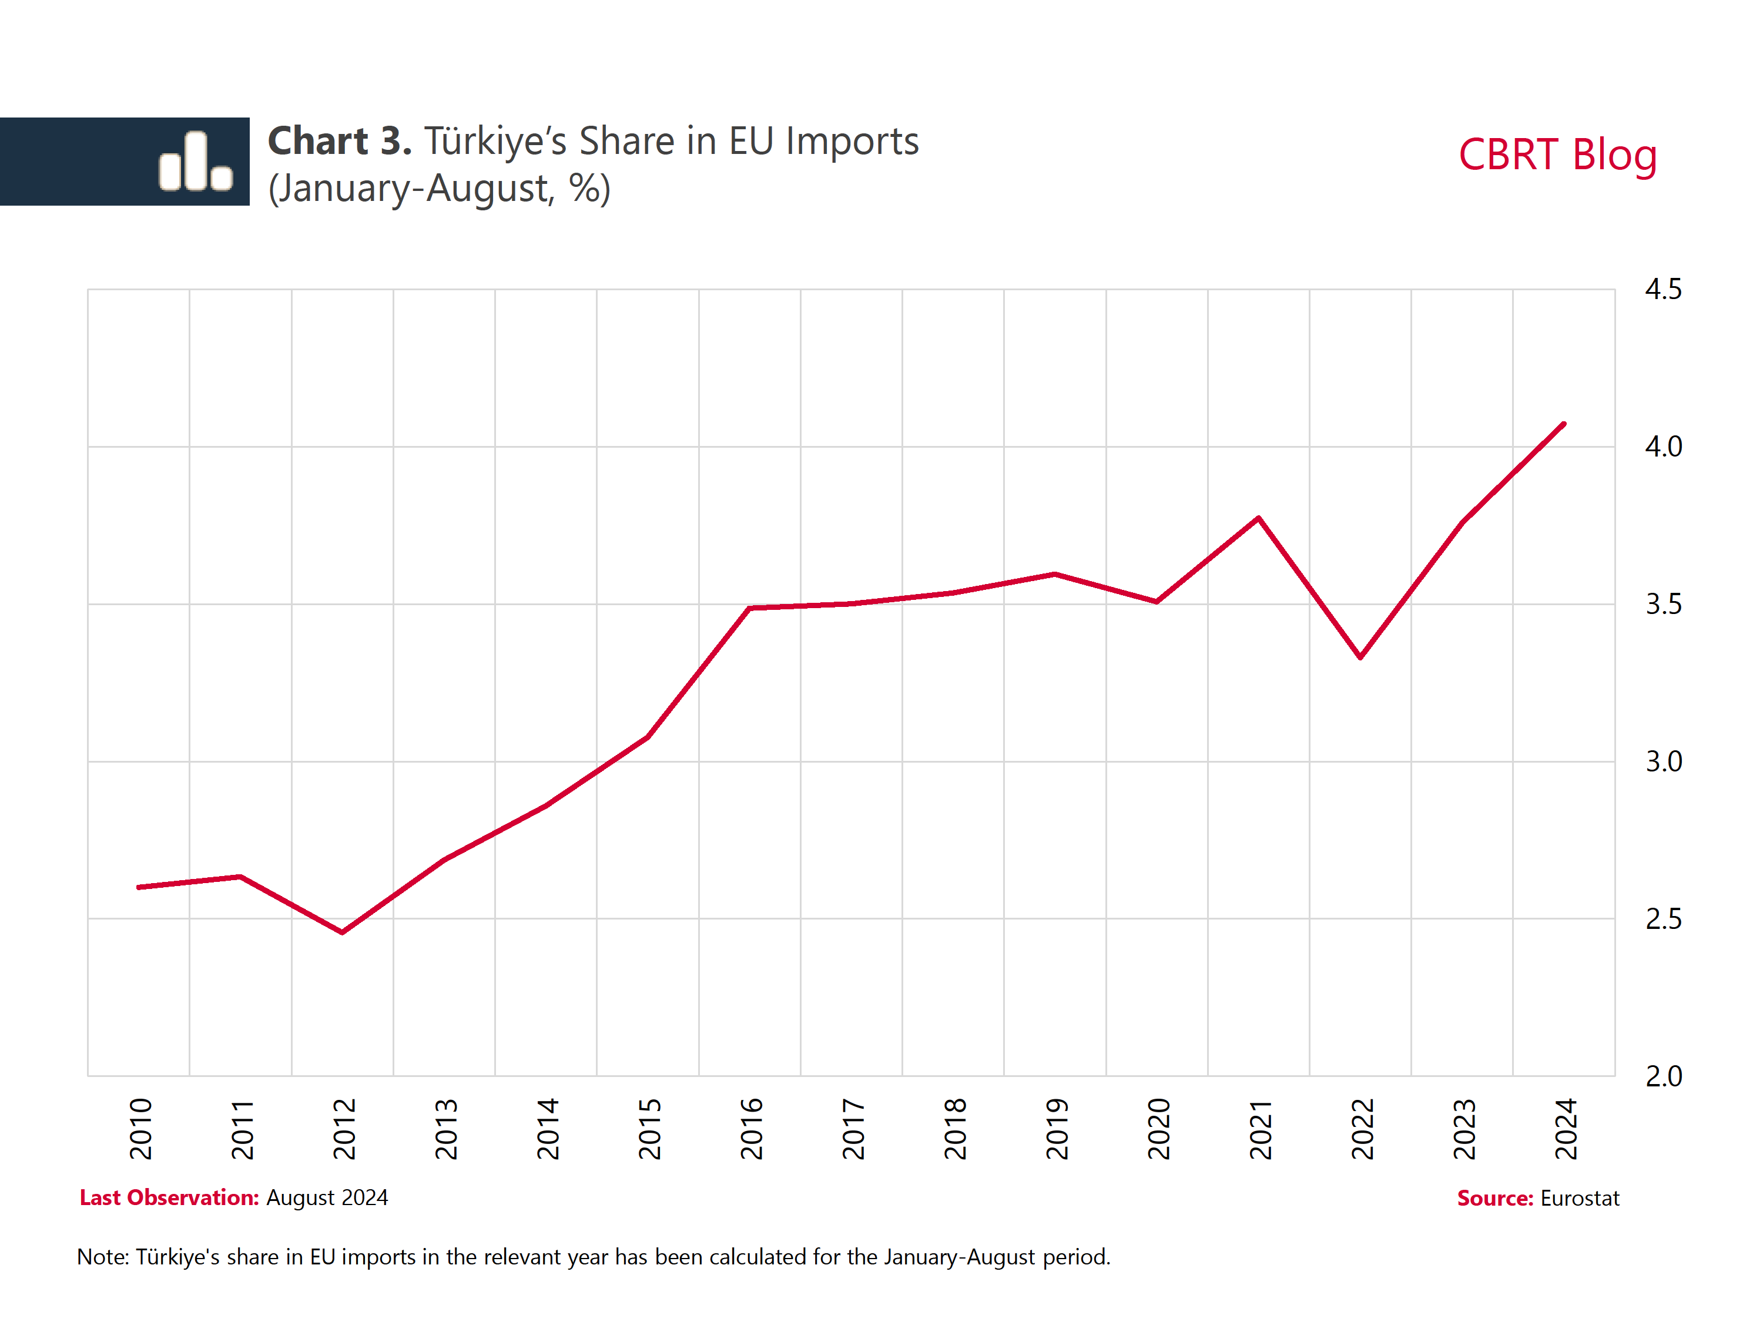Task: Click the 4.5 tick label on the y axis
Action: coord(1663,289)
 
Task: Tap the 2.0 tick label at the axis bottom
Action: coord(1663,1076)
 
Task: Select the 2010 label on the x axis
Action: coord(141,1128)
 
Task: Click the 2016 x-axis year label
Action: coord(752,1128)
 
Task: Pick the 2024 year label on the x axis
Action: coord(1566,1128)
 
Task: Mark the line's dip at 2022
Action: coord(1360,657)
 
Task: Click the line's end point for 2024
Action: coord(1564,424)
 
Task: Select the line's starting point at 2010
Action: coord(139,887)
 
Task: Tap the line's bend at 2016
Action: coord(750,608)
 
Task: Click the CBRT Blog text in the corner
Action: coord(1557,155)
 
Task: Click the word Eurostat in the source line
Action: coord(1580,1199)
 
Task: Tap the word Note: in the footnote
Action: coord(103,1257)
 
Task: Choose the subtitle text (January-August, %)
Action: coord(439,189)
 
